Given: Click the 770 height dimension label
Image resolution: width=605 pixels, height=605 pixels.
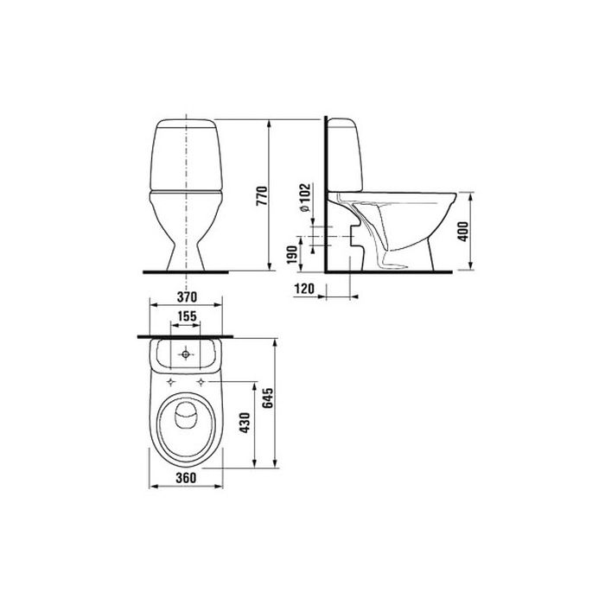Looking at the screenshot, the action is pyautogui.click(x=262, y=195).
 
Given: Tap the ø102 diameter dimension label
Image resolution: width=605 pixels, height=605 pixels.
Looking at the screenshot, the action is pyautogui.click(x=305, y=197).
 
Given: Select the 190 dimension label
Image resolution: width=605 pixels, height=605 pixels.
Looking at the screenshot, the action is pyautogui.click(x=292, y=255).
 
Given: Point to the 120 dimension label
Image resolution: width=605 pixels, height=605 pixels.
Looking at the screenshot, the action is pyautogui.click(x=304, y=288).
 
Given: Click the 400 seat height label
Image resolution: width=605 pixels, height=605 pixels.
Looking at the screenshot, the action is pyautogui.click(x=462, y=232).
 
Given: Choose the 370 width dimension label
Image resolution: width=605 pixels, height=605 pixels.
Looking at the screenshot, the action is pyautogui.click(x=187, y=297).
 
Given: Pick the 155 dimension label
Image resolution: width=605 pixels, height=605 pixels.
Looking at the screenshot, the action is pyautogui.click(x=187, y=316).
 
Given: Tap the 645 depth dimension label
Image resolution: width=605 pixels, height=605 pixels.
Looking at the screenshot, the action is pyautogui.click(x=267, y=398).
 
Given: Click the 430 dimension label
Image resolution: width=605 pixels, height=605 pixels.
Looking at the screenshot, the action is pyautogui.click(x=245, y=423).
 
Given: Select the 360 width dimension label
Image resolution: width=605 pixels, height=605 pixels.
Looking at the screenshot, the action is pyautogui.click(x=186, y=478).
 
